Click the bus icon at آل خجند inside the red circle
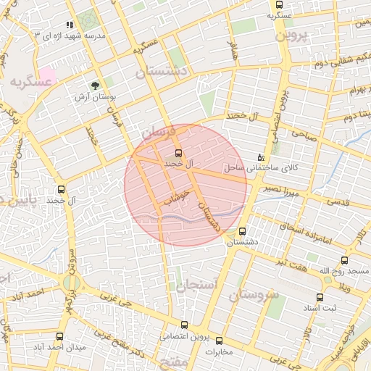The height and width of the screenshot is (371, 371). pyautogui.click(x=178, y=153)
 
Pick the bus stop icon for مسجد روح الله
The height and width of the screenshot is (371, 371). pyautogui.click(x=343, y=259)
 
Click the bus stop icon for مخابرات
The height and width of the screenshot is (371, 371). pyautogui.click(x=219, y=340)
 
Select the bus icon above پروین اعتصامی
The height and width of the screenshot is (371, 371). pyautogui.click(x=185, y=325)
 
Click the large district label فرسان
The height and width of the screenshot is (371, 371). pyautogui.click(x=158, y=132)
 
